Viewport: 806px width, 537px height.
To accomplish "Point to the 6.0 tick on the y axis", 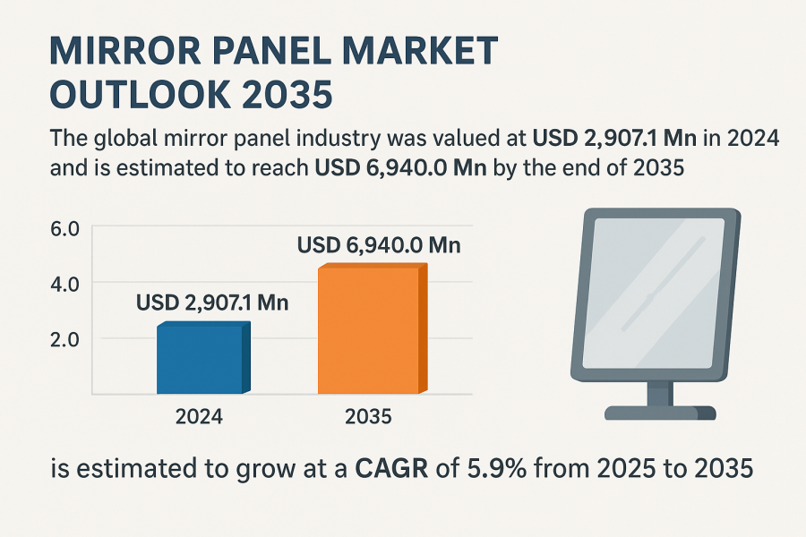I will pos(68,229).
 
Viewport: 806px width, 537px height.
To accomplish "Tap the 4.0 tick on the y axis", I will pos(68,284).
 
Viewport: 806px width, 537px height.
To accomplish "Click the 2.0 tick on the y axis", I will pos(68,339).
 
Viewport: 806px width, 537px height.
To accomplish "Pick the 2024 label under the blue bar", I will pos(200,416).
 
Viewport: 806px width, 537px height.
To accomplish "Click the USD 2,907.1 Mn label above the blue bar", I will pos(212,303).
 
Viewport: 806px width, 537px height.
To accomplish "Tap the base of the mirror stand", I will pos(660,413).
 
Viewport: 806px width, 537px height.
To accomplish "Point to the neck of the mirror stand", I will pos(660,391).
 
